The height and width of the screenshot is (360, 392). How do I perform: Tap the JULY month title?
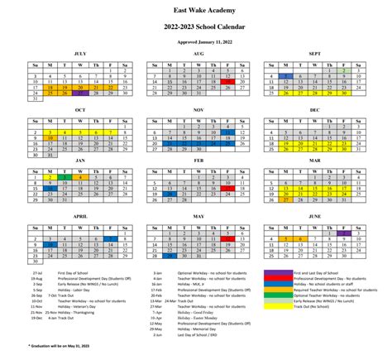79,54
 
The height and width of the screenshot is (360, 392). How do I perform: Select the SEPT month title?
314,54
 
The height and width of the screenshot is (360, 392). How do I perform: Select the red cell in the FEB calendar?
228,188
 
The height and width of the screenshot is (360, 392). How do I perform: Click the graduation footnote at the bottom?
50,344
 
